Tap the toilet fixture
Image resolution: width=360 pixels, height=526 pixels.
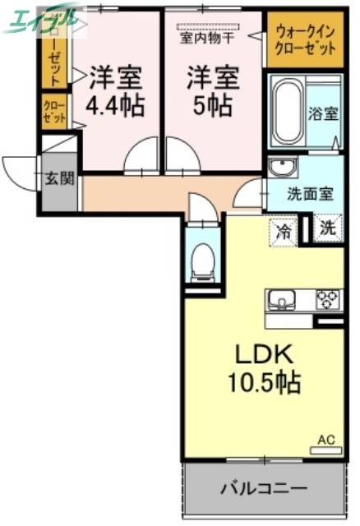coord(201,262)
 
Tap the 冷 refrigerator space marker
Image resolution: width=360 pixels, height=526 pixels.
coord(284,231)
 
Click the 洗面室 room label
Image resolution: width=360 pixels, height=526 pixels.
coord(310,195)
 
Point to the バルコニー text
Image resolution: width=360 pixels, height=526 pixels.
coord(264,490)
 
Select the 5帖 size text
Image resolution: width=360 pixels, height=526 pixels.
coord(213,106)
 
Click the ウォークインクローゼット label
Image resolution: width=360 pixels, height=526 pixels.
coord(305,39)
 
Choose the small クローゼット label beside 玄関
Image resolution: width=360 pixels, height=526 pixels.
coord(54,113)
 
